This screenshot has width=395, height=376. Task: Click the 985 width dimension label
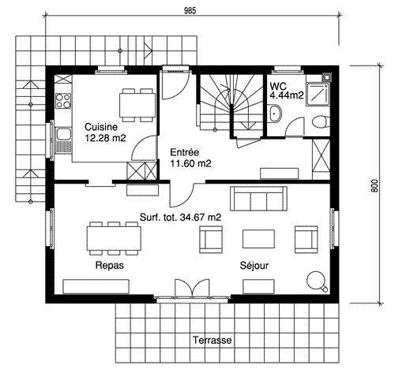[190, 10]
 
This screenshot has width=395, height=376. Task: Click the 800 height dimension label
[374, 186]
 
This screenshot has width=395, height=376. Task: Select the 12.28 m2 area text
[105, 138]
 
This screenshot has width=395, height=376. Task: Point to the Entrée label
[185, 152]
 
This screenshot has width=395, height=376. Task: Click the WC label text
[278, 86]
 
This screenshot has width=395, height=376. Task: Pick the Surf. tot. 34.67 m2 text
[180, 218]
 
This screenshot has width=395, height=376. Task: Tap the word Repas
[109, 266]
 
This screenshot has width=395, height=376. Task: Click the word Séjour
[254, 266]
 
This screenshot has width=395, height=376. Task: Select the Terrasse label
[213, 340]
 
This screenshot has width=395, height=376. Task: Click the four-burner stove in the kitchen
[63, 101]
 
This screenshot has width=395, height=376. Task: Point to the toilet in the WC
[321, 122]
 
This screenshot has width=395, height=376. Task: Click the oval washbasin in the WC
[275, 114]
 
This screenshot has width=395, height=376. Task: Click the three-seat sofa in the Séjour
[258, 199]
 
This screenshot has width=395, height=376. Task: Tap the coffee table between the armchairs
[258, 239]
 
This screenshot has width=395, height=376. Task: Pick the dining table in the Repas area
[114, 238]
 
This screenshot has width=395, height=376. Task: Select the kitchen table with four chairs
[137, 105]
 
